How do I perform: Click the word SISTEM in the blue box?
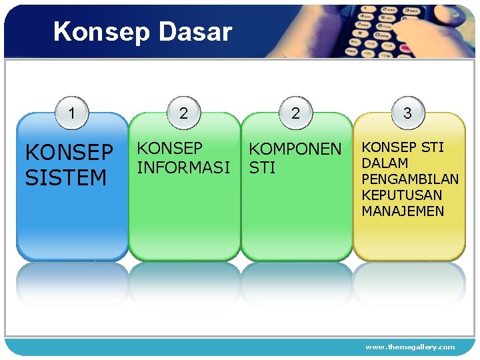(x=66, y=178)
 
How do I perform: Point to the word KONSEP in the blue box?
(x=69, y=153)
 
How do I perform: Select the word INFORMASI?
(x=183, y=167)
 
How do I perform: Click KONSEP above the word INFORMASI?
(x=169, y=148)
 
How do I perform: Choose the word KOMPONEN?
(x=295, y=149)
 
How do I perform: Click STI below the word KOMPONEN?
(x=262, y=168)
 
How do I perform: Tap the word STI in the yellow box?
(x=431, y=147)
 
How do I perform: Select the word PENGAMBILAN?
(x=410, y=179)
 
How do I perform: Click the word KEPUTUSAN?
(x=401, y=195)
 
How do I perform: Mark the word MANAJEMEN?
(x=402, y=211)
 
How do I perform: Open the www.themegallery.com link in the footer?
(x=410, y=347)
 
